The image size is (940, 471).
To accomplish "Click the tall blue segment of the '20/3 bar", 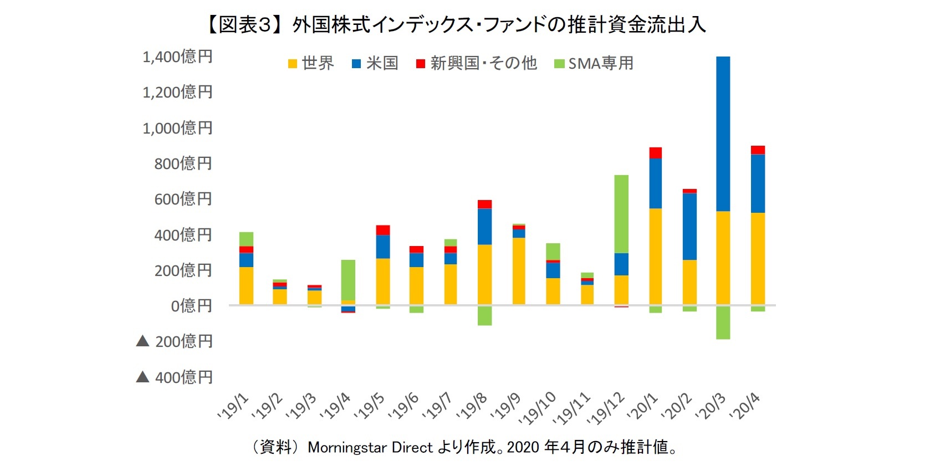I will (x=723, y=133).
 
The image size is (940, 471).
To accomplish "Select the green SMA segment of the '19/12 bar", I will (x=621, y=214).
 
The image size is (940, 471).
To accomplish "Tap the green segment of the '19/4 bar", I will (x=348, y=280).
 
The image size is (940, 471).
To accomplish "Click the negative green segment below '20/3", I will (x=723, y=322).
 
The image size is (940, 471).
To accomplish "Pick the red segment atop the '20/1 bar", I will (x=655, y=153).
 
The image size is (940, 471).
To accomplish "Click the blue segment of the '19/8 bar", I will (x=484, y=226).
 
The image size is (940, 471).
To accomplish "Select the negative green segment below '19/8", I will (x=484, y=315).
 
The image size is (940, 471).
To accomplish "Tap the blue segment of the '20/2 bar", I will (x=689, y=226).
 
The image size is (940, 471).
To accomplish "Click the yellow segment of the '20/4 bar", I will (x=758, y=258).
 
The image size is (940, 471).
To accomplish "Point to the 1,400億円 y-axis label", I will (x=177, y=57).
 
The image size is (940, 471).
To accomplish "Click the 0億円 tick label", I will (x=191, y=305).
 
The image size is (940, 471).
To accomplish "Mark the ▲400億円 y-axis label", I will (x=175, y=377).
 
